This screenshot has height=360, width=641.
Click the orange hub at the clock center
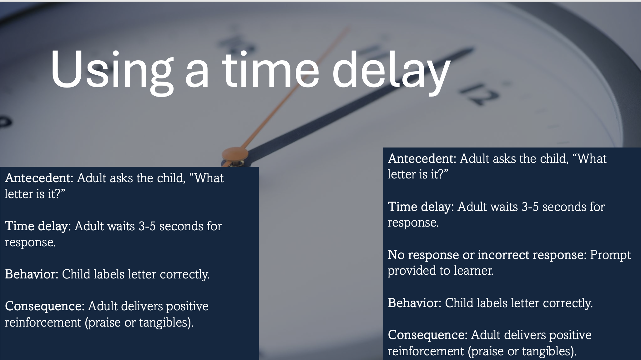pyautogui.click(x=235, y=154)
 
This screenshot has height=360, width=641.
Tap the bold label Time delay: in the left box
pyautogui.click(x=38, y=226)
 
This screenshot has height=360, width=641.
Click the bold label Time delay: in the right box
pyautogui.click(x=421, y=207)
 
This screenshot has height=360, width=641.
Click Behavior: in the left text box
pyautogui.click(x=32, y=274)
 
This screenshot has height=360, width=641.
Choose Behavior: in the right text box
pyautogui.click(x=415, y=303)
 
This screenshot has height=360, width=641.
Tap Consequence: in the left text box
pyautogui.click(x=45, y=306)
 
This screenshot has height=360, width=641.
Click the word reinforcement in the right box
pyautogui.click(x=426, y=351)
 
